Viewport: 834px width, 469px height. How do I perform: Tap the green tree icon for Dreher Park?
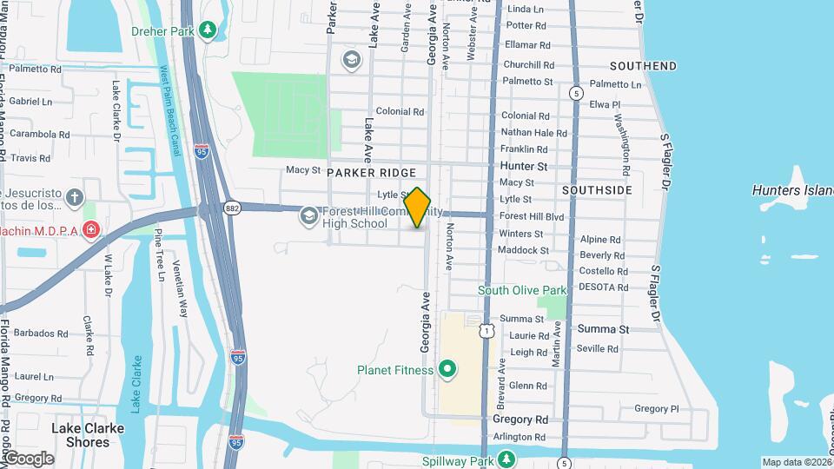pos(207,31)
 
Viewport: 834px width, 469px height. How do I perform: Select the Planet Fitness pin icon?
pos(447,370)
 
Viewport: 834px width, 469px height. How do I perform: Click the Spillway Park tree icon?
pos(506,459)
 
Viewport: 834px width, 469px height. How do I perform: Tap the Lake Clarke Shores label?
pos(87,435)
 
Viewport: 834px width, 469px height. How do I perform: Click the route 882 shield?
pos(231,207)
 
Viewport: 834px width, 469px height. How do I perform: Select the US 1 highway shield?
pos(488,331)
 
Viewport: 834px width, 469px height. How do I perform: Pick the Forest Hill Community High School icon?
pos(308,215)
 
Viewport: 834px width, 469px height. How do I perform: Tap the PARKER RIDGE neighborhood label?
pos(372,174)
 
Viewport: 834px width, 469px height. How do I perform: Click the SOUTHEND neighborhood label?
pos(643,66)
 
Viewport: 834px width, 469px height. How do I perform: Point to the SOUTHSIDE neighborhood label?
pos(597,189)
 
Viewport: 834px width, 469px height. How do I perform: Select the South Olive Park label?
pos(522,290)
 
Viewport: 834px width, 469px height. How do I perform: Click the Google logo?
pos(28,459)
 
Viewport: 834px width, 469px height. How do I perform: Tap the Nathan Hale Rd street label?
pos(534,133)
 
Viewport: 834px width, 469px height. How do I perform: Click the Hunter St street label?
pos(524,166)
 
